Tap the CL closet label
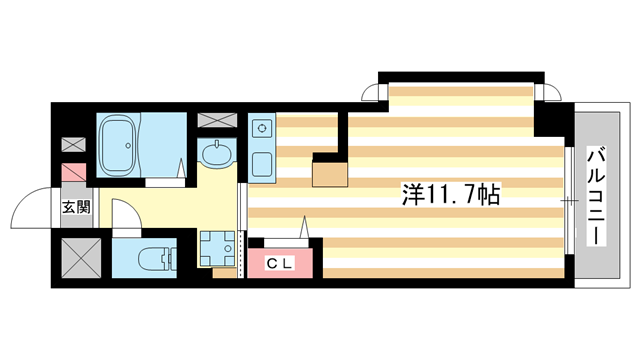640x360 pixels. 281,262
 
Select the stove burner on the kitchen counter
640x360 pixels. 262,128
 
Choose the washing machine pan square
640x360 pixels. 217,248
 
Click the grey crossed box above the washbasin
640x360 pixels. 217,121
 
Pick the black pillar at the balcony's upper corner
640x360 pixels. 551,124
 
